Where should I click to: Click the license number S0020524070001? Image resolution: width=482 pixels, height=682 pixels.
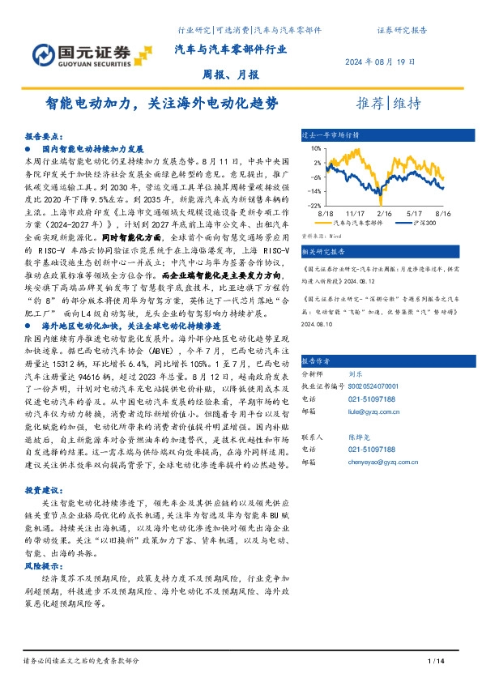point(374,365)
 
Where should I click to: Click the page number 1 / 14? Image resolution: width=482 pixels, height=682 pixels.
point(435,663)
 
